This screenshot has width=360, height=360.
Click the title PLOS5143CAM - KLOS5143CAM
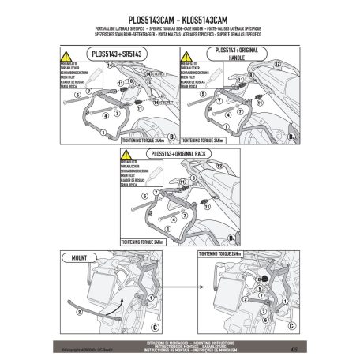pyautogui.click(x=179, y=16)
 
